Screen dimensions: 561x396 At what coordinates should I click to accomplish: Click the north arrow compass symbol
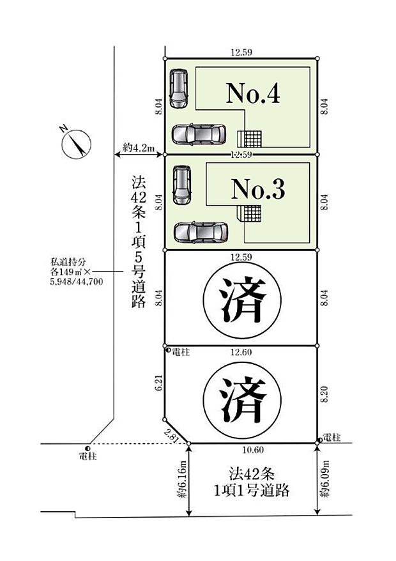75,144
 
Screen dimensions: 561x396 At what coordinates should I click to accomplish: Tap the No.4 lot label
253,95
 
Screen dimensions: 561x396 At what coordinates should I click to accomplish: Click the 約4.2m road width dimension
139,148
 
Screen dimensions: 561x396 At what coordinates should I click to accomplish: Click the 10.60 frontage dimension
254,450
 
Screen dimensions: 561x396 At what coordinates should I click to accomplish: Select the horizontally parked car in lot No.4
199,134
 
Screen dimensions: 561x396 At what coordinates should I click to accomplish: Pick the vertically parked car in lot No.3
182,186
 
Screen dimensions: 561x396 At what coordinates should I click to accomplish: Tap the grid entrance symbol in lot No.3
250,213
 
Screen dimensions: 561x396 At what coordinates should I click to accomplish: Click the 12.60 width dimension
241,352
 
